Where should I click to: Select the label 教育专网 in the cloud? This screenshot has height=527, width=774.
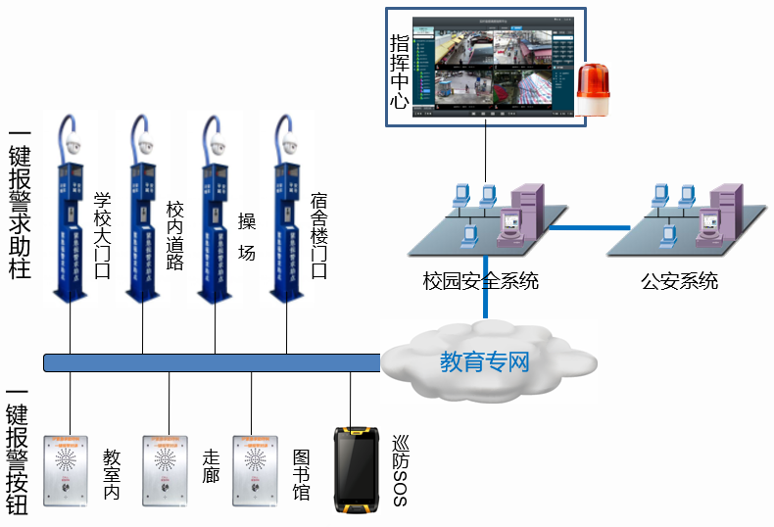click(484, 363)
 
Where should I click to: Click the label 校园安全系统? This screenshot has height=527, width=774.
click(481, 282)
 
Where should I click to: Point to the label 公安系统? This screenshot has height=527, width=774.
click(679, 282)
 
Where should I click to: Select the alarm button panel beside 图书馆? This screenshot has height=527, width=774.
click(256, 470)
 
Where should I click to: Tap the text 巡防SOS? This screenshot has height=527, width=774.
click(399, 470)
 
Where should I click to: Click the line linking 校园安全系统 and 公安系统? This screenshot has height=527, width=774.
click(588, 227)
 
